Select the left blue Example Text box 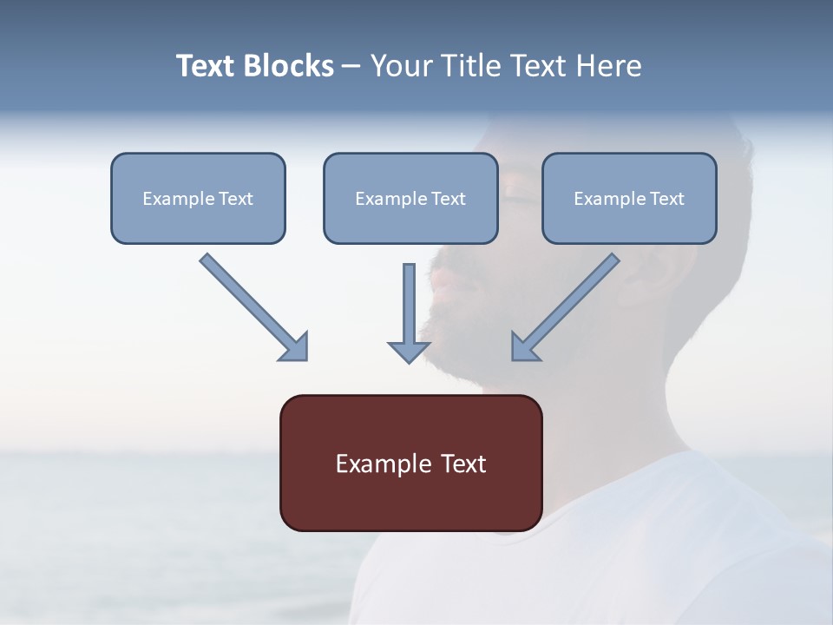[198, 198]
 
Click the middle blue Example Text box [410, 198]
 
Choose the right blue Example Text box [629, 198]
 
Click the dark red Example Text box [410, 463]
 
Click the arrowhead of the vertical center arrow [409, 350]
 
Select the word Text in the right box [666, 199]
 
